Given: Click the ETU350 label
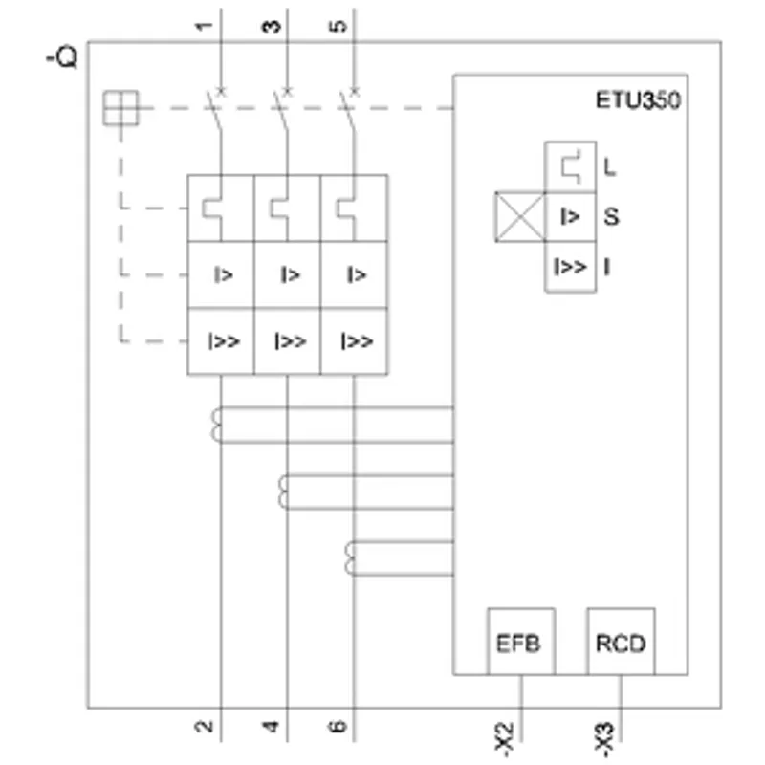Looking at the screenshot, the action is click(x=638, y=100).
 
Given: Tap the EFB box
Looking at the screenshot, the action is click(x=521, y=641).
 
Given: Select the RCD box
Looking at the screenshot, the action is click(x=621, y=641).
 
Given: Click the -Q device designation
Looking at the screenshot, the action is click(x=62, y=57).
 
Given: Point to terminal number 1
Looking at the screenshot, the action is click(x=204, y=26).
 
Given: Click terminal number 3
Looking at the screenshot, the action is click(x=272, y=27).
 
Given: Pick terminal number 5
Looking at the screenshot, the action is click(x=339, y=26).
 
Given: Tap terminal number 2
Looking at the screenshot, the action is click(x=204, y=726).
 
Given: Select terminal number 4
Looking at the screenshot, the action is click(x=271, y=726).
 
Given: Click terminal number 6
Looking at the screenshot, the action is click(x=338, y=726).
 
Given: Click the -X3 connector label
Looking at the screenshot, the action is click(x=604, y=739).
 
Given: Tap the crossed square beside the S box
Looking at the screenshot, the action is click(x=520, y=217).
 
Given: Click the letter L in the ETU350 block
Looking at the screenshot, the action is click(x=609, y=167).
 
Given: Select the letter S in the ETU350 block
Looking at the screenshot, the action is click(x=611, y=217).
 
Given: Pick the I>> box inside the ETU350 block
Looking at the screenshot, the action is click(x=570, y=267).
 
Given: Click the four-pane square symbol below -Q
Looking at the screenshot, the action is click(x=121, y=108).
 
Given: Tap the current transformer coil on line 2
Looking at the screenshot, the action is click(x=217, y=425).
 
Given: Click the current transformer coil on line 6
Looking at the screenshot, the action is click(x=350, y=558).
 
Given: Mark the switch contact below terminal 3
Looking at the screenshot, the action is click(x=281, y=110).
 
